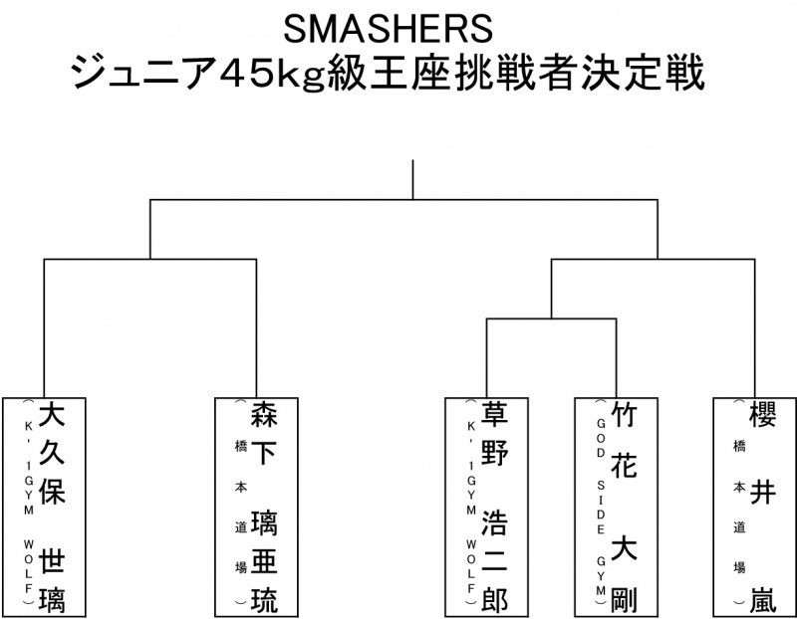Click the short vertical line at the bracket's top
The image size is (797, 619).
tap(412, 179)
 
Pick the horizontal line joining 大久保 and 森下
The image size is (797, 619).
tap(149, 259)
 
